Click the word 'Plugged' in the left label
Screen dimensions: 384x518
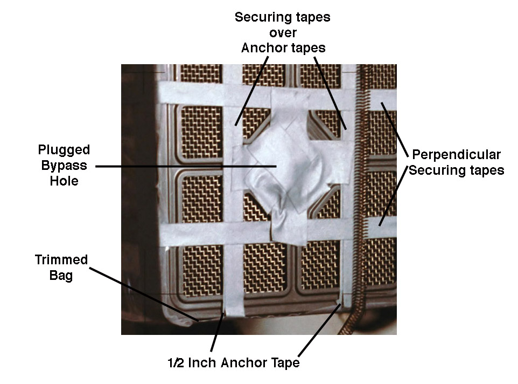[64, 149]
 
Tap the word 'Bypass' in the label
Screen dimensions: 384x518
[64, 165]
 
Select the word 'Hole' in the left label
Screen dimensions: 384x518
[64, 181]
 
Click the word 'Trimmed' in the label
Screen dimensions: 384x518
[61, 260]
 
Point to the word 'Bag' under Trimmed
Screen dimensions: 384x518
[61, 276]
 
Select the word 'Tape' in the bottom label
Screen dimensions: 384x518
[284, 363]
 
